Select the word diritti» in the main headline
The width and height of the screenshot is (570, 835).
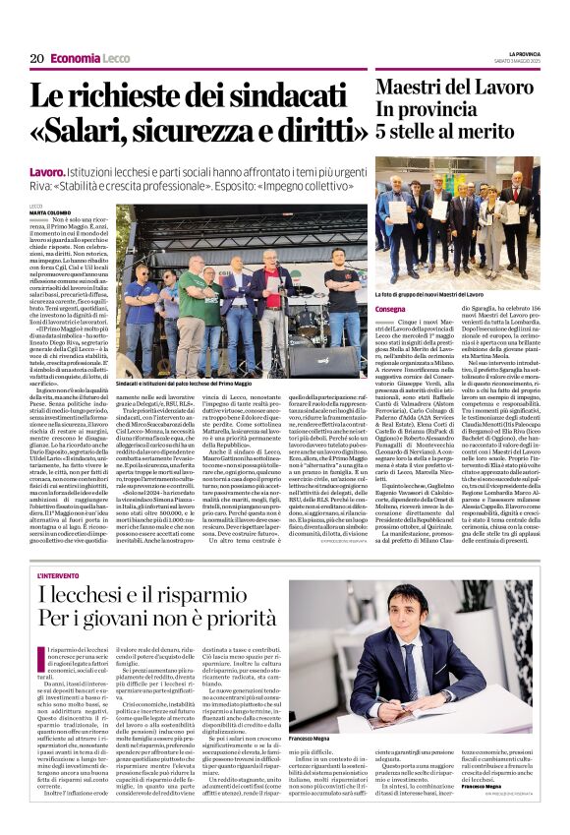point(311,130)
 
